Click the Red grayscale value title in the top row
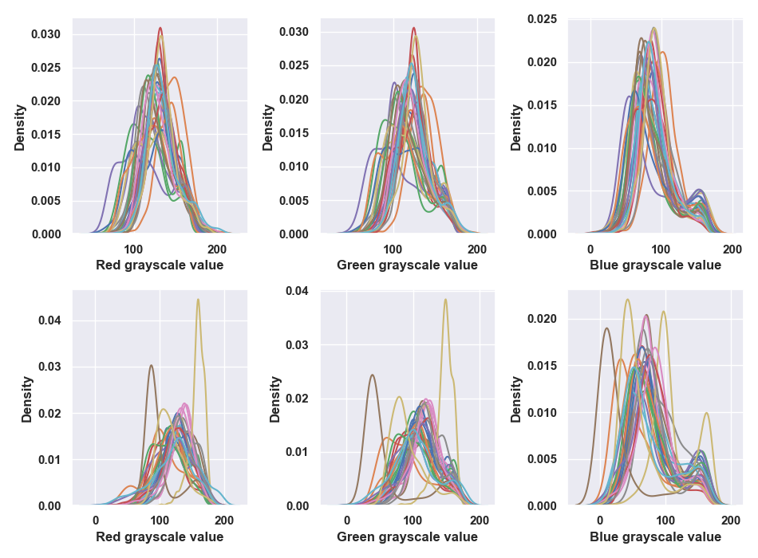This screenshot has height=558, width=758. click(160, 265)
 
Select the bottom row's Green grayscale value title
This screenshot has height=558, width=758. click(407, 536)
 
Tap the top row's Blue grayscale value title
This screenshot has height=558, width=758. click(655, 265)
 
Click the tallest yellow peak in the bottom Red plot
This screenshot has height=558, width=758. click(198, 300)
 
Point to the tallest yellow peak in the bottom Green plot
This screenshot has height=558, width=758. click(445, 300)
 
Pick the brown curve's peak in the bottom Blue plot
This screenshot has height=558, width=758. click(606, 328)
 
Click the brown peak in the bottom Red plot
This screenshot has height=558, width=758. click(152, 365)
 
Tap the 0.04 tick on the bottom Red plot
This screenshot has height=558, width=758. click(49, 320)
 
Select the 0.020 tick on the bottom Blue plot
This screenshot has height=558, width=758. click(542, 319)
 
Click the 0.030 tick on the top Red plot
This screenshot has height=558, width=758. click(46, 34)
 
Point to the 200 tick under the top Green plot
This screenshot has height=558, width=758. click(477, 250)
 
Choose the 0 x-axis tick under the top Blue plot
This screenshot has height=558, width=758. click(590, 250)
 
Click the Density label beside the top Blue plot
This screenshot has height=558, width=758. click(515, 128)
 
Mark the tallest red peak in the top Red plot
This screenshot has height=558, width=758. click(160, 28)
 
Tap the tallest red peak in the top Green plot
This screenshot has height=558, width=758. click(414, 28)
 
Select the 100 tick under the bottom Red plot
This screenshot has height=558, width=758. click(160, 521)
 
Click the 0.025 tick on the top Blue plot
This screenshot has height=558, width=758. click(542, 19)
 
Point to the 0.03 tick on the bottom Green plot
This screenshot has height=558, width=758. click(298, 345)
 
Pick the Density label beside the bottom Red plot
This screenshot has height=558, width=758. click(26, 399)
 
